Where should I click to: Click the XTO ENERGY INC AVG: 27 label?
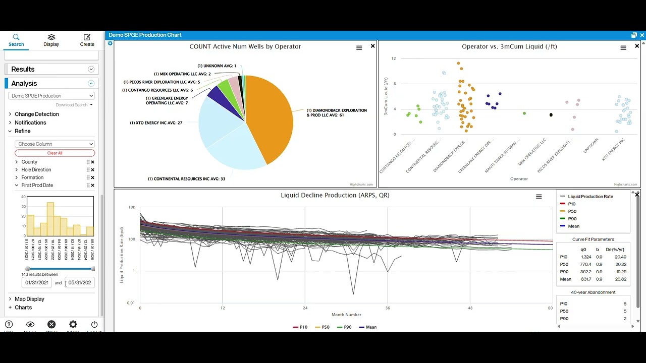[156, 123]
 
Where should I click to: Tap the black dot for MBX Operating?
[551, 115]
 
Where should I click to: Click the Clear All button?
[55, 153]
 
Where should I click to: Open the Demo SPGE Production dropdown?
[52, 96]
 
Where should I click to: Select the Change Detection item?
[36, 114]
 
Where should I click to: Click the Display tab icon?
[51, 37]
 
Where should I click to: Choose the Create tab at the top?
[87, 40]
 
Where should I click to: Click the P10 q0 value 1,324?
[585, 257]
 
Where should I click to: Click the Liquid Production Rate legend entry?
[590, 197]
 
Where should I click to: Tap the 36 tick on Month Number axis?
[387, 308]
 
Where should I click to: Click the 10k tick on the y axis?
[132, 207]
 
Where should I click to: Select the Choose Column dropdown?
[55, 144]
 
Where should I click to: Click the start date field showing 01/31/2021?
[36, 282]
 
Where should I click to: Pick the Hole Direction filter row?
[36, 170]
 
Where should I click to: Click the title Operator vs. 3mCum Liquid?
[509, 46]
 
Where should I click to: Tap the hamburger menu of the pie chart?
[359, 48]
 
